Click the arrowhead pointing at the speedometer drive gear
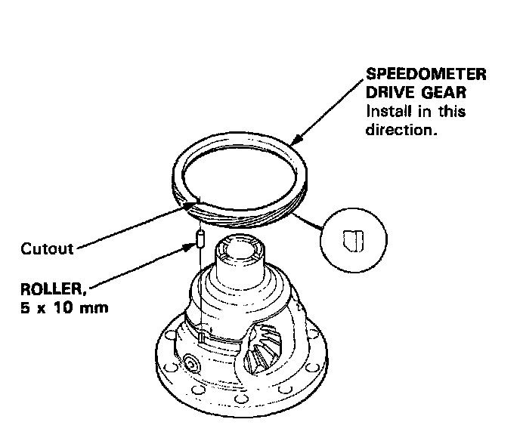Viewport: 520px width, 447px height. (x=293, y=140)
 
